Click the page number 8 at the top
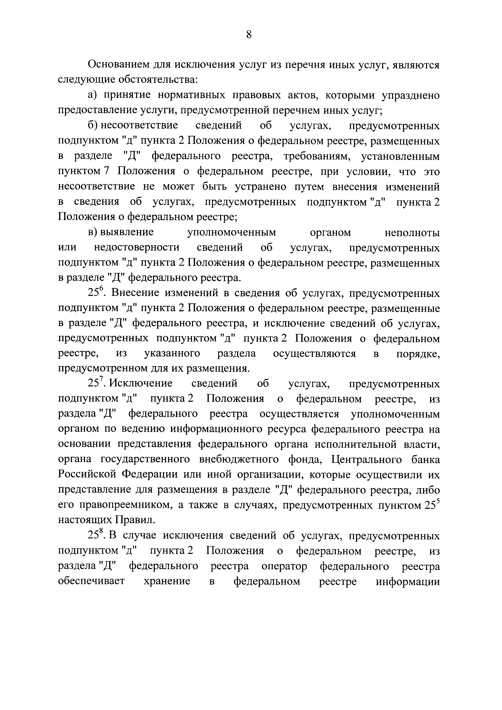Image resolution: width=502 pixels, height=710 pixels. coord(249,35)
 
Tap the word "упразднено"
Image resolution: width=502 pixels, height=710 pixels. coord(411,95)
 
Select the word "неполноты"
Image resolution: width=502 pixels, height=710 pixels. coord(412,232)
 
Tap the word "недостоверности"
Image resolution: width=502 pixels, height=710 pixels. coord(137,247)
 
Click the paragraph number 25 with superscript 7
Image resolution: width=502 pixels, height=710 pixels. coord(95,383)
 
